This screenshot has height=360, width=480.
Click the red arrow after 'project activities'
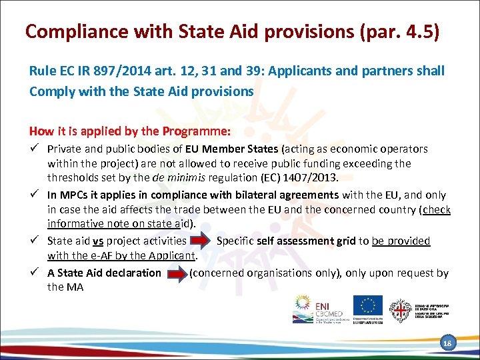(200, 241)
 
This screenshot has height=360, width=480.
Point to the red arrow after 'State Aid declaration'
(175, 273)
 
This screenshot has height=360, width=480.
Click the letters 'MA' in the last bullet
(75, 287)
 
